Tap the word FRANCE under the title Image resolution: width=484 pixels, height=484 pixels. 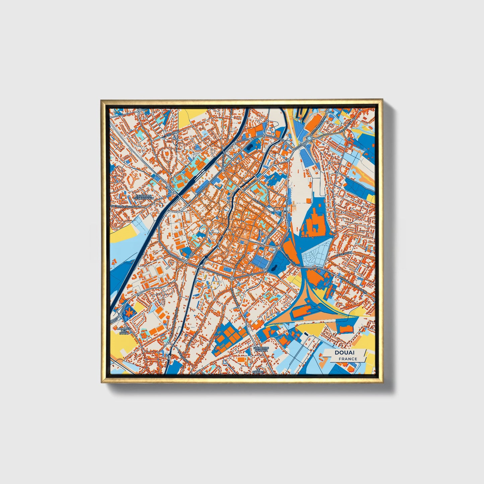click(x=348, y=359)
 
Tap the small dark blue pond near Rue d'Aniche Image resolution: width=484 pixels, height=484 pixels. click(x=274, y=267)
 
